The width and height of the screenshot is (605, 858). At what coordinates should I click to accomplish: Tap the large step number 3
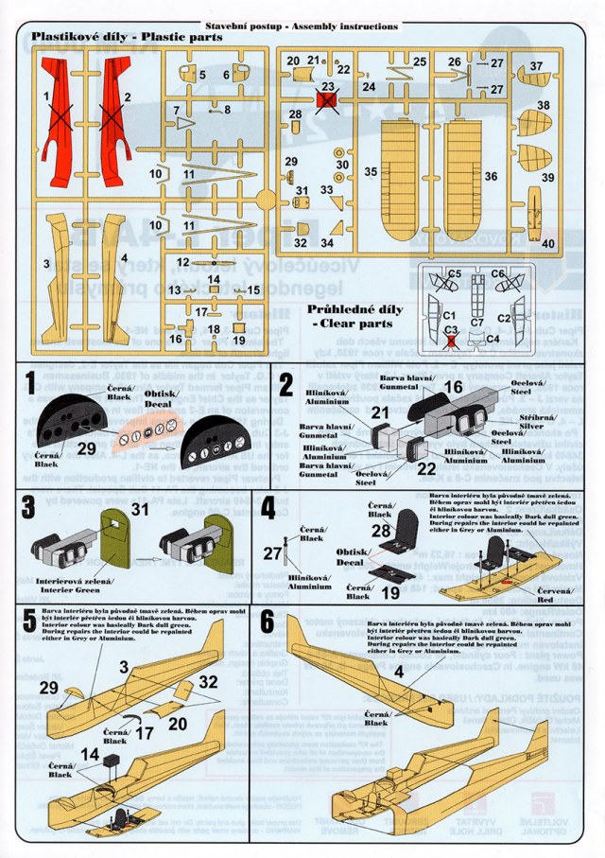30,507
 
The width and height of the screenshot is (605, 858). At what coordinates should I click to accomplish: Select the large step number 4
268,507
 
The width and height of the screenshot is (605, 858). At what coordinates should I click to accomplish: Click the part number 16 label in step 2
454,387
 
